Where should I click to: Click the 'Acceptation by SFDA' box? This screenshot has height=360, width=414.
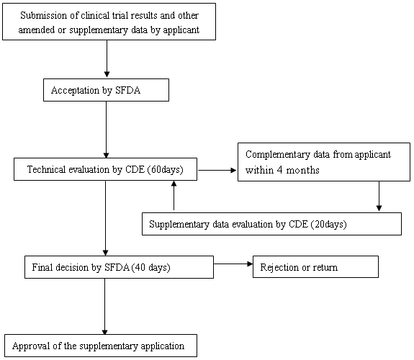tap(106, 90)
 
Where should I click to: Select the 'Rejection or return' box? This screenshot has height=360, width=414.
tap(315, 267)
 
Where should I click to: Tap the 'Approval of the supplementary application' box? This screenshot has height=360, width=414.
tap(101, 346)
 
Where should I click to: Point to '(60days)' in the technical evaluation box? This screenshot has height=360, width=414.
tap(166, 169)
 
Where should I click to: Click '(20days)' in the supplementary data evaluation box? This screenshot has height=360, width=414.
tap(329, 224)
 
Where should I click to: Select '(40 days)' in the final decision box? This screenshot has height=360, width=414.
tap(150, 267)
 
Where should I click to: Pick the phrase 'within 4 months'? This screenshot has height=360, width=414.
tap(282, 170)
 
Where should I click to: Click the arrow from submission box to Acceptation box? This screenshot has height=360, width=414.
tap(107, 58)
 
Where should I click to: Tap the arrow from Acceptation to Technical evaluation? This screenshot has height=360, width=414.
tap(106, 130)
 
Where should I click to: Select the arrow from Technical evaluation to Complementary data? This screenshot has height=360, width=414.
tap(217, 171)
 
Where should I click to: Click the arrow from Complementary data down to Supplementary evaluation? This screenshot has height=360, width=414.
tap(379, 196)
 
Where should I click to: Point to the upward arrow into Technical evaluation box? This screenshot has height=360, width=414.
tap(174, 195)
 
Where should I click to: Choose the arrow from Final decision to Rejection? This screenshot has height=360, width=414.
tap(233, 264)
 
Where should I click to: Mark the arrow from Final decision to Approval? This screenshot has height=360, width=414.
tap(105, 307)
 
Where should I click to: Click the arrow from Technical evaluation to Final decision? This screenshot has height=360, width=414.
tap(105, 218)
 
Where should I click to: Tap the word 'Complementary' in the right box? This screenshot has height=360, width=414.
tap(278, 155)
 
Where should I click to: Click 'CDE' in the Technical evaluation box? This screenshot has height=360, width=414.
tap(135, 169)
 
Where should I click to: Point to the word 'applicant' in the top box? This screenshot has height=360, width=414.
tap(181, 30)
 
